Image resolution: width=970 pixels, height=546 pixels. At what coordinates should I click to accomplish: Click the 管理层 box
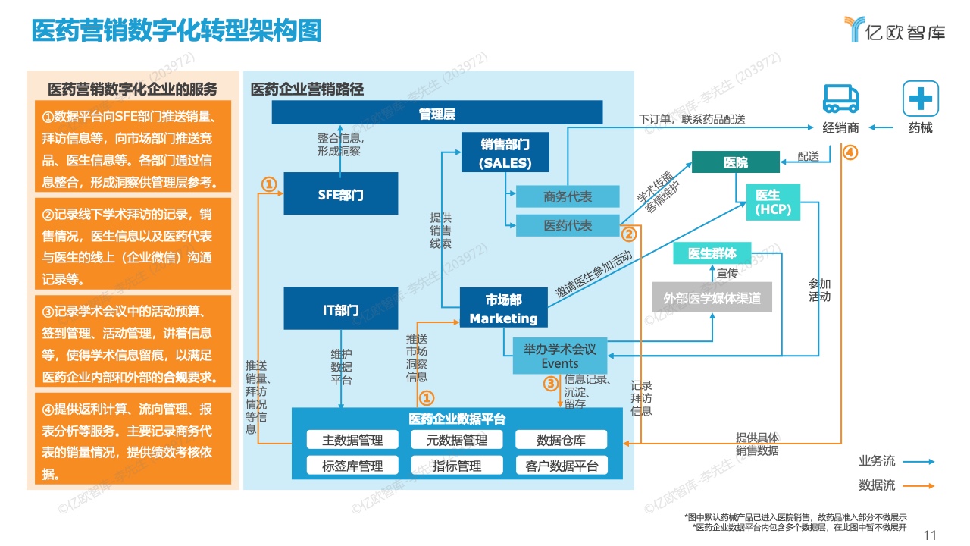tap(437, 112)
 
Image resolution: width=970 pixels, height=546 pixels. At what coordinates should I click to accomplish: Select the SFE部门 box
tap(341, 193)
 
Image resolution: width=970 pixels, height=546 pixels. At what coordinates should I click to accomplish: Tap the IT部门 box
tap(341, 308)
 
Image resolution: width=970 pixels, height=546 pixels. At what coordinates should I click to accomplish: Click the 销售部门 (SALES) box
tap(505, 152)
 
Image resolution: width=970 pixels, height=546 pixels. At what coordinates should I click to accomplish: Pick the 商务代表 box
tap(568, 196)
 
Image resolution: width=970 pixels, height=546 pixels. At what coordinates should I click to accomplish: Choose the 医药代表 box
tap(568, 225)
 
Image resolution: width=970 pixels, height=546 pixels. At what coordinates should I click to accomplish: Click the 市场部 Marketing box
tap(504, 307)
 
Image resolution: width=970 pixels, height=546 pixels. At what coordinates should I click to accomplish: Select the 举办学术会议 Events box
tap(560, 356)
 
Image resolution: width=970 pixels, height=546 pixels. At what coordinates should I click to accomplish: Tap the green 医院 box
tap(736, 162)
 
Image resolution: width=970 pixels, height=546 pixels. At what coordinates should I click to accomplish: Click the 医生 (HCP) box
tap(773, 202)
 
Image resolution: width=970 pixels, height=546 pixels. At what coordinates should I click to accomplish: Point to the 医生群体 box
tap(712, 253)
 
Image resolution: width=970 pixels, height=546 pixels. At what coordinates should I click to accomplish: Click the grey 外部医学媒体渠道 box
tap(712, 297)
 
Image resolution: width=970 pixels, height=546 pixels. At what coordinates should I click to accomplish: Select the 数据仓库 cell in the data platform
tap(562, 440)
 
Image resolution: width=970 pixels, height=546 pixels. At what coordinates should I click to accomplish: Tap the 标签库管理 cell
tap(352, 466)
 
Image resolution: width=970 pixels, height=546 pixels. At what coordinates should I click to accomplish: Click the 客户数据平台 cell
tap(562, 466)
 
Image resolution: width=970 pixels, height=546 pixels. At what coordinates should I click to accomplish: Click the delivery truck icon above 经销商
tap(841, 99)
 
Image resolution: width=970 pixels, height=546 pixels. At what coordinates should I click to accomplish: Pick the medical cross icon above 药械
tap(921, 99)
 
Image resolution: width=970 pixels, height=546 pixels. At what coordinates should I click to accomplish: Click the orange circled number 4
tap(850, 152)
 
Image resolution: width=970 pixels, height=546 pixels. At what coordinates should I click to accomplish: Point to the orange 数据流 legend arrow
tap(918, 486)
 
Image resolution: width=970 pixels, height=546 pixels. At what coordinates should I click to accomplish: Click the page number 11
tap(930, 535)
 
